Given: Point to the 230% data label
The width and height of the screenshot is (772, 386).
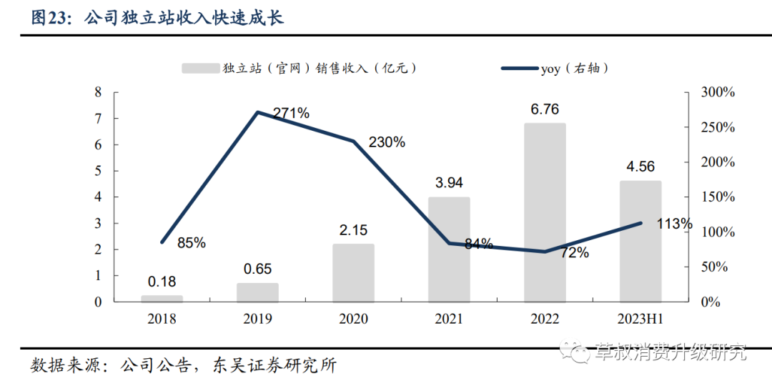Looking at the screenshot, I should (x=387, y=142).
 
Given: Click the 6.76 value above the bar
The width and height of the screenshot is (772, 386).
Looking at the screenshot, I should (x=545, y=109).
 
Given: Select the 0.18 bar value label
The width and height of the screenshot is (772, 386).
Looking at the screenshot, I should (x=162, y=282).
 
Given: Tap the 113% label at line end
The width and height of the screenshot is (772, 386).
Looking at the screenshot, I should (x=675, y=224).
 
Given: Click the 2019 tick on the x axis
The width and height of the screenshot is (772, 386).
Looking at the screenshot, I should (x=257, y=319).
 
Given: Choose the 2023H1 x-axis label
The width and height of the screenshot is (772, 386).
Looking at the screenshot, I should (x=640, y=319).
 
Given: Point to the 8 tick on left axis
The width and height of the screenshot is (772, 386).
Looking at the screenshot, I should (x=98, y=92).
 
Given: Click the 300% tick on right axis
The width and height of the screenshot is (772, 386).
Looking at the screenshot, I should (x=717, y=92).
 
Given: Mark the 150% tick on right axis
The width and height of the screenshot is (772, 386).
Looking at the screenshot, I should (x=717, y=197).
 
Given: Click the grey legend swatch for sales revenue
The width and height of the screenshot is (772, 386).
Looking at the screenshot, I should (x=200, y=69).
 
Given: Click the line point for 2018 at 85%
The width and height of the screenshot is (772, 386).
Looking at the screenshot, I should (x=162, y=242).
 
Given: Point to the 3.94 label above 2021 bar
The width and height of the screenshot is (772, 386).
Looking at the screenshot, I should (x=449, y=183).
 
